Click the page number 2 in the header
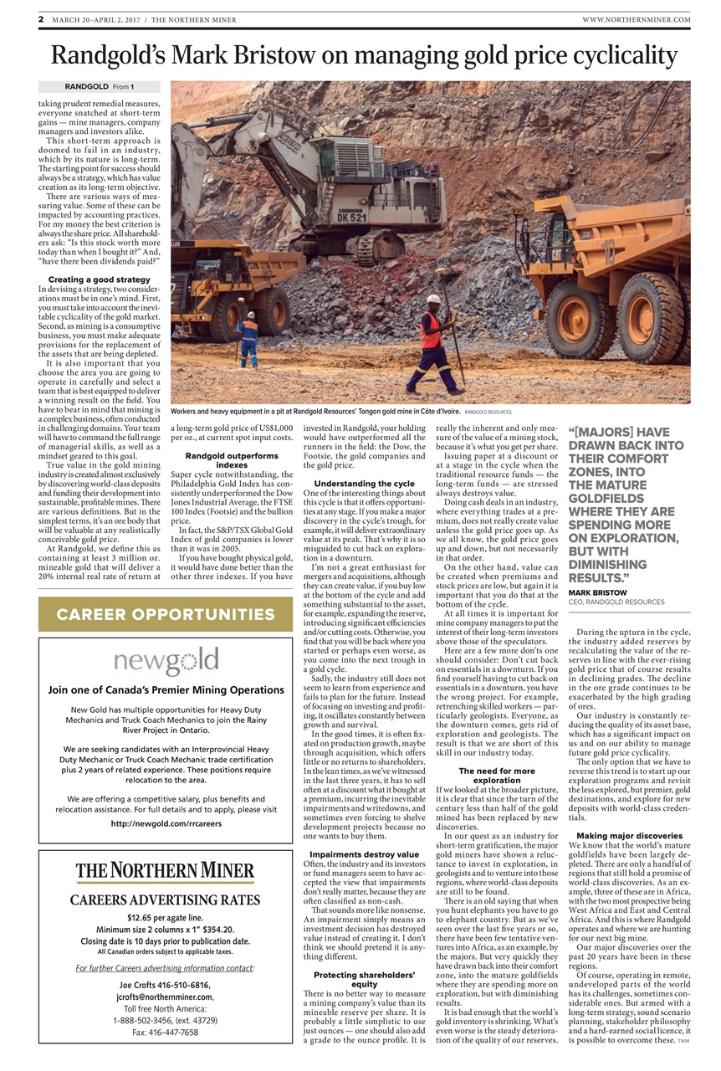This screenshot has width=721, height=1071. tap(41, 18)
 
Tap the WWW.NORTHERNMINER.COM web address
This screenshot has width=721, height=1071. tap(637, 19)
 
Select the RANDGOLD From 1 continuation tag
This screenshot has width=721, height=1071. tap(100, 86)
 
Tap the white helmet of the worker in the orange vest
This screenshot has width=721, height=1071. tap(433, 298)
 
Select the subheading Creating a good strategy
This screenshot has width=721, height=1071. tap(100, 279)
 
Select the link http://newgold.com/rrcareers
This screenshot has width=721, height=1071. tap(166, 823)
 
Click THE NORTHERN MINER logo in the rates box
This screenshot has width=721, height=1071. tap(166, 872)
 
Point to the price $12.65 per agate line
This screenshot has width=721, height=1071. tap(166, 917)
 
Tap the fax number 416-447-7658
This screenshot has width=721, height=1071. tap(166, 1033)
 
